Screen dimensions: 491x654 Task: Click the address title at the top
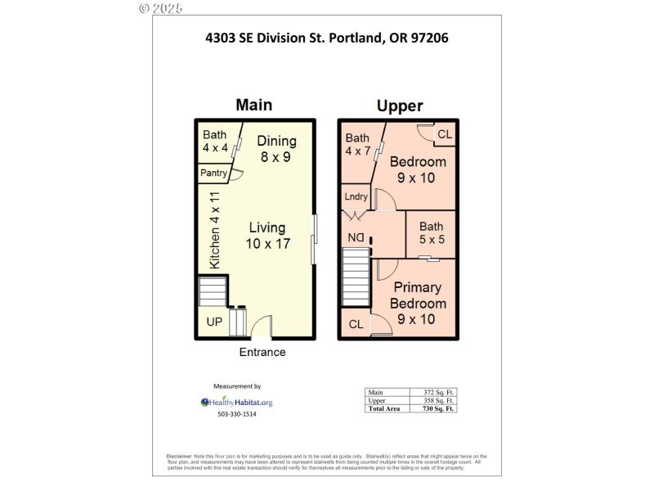pyautogui.click(x=327, y=37)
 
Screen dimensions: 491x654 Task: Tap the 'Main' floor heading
pyautogui.click(x=253, y=105)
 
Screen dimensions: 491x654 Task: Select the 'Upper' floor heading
pyautogui.click(x=400, y=106)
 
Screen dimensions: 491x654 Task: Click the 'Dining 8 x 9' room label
pyautogui.click(x=276, y=148)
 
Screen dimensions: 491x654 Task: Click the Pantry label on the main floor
pyautogui.click(x=214, y=173)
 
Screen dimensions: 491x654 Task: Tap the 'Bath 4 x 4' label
pyautogui.click(x=216, y=142)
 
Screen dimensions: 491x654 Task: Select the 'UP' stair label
pyautogui.click(x=214, y=322)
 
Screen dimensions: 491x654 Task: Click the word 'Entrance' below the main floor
pyautogui.click(x=262, y=352)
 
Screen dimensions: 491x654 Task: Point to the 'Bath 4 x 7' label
pyautogui.click(x=357, y=144)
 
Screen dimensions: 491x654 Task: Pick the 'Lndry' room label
pyautogui.click(x=356, y=196)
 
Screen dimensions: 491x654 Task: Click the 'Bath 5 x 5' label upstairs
pyautogui.click(x=432, y=233)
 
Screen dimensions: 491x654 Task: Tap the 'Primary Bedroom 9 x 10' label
pyautogui.click(x=417, y=303)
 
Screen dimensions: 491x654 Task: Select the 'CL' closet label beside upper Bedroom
pyautogui.click(x=444, y=134)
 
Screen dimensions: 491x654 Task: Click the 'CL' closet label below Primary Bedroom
pyautogui.click(x=356, y=325)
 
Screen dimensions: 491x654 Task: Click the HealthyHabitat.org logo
pyautogui.click(x=237, y=402)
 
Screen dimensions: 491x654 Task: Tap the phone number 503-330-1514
pyautogui.click(x=237, y=414)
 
